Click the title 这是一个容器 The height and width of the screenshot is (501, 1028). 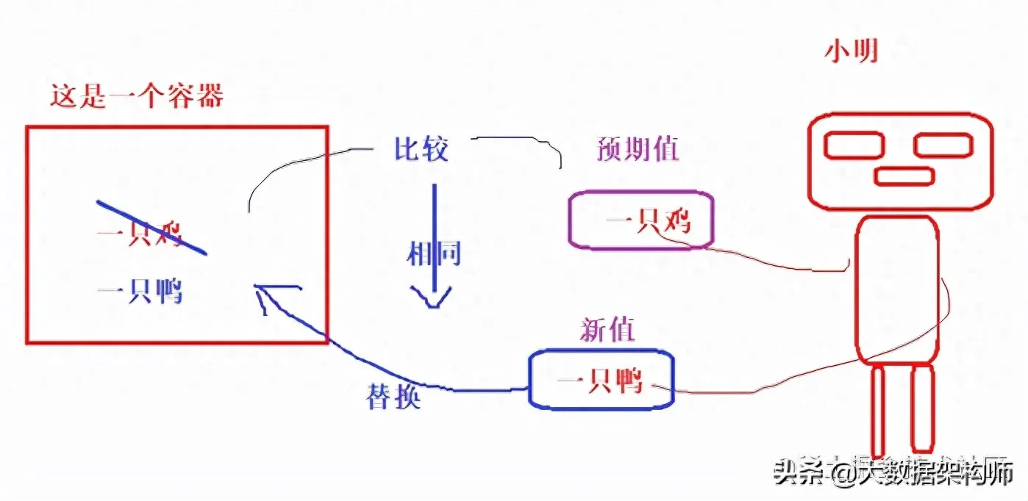coord(137,96)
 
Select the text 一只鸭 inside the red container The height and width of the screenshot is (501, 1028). coord(140,292)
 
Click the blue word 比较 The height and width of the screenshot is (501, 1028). coord(421,150)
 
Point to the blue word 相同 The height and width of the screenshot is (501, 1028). coord(434,254)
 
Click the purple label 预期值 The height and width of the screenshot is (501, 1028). coord(637,149)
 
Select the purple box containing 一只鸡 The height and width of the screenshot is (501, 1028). coord(640,220)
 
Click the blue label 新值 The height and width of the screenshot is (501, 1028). coord(607,331)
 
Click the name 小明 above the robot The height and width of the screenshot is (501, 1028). coord(852,52)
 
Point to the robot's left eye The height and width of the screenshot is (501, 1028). coord(853,145)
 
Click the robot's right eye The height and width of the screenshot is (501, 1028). coord(943,145)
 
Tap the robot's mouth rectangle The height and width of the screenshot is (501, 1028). coord(904,176)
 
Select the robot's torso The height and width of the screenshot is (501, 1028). coord(897,289)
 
